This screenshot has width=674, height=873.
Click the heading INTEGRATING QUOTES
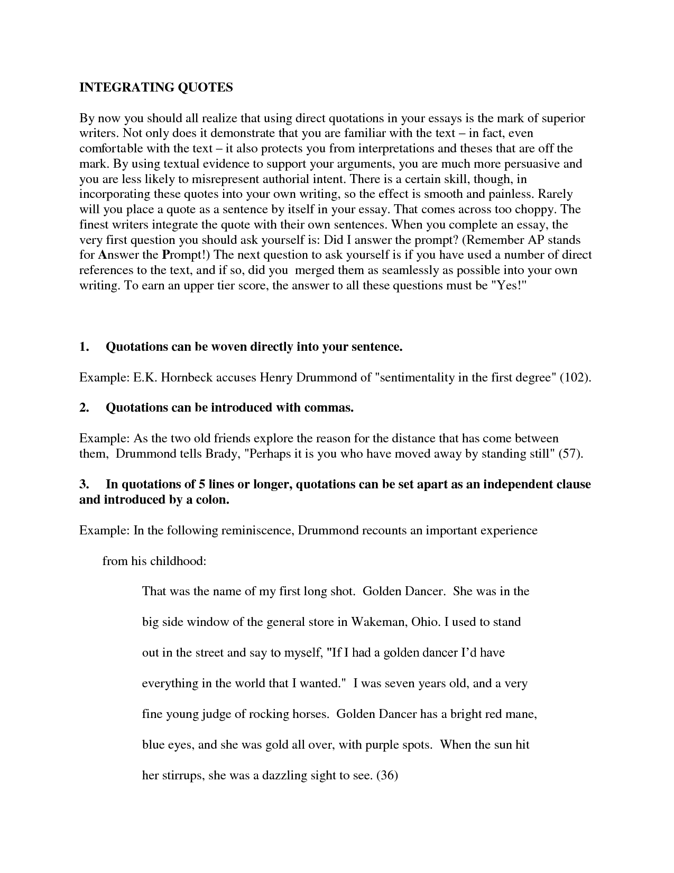point(156,88)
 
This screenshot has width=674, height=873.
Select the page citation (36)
point(386,776)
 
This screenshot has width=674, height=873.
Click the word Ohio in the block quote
point(425,622)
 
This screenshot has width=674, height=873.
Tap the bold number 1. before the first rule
point(85,347)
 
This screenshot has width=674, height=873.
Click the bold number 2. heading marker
point(85,408)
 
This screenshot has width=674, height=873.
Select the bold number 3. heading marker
point(85,485)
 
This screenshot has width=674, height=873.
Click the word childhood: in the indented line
point(179,561)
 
